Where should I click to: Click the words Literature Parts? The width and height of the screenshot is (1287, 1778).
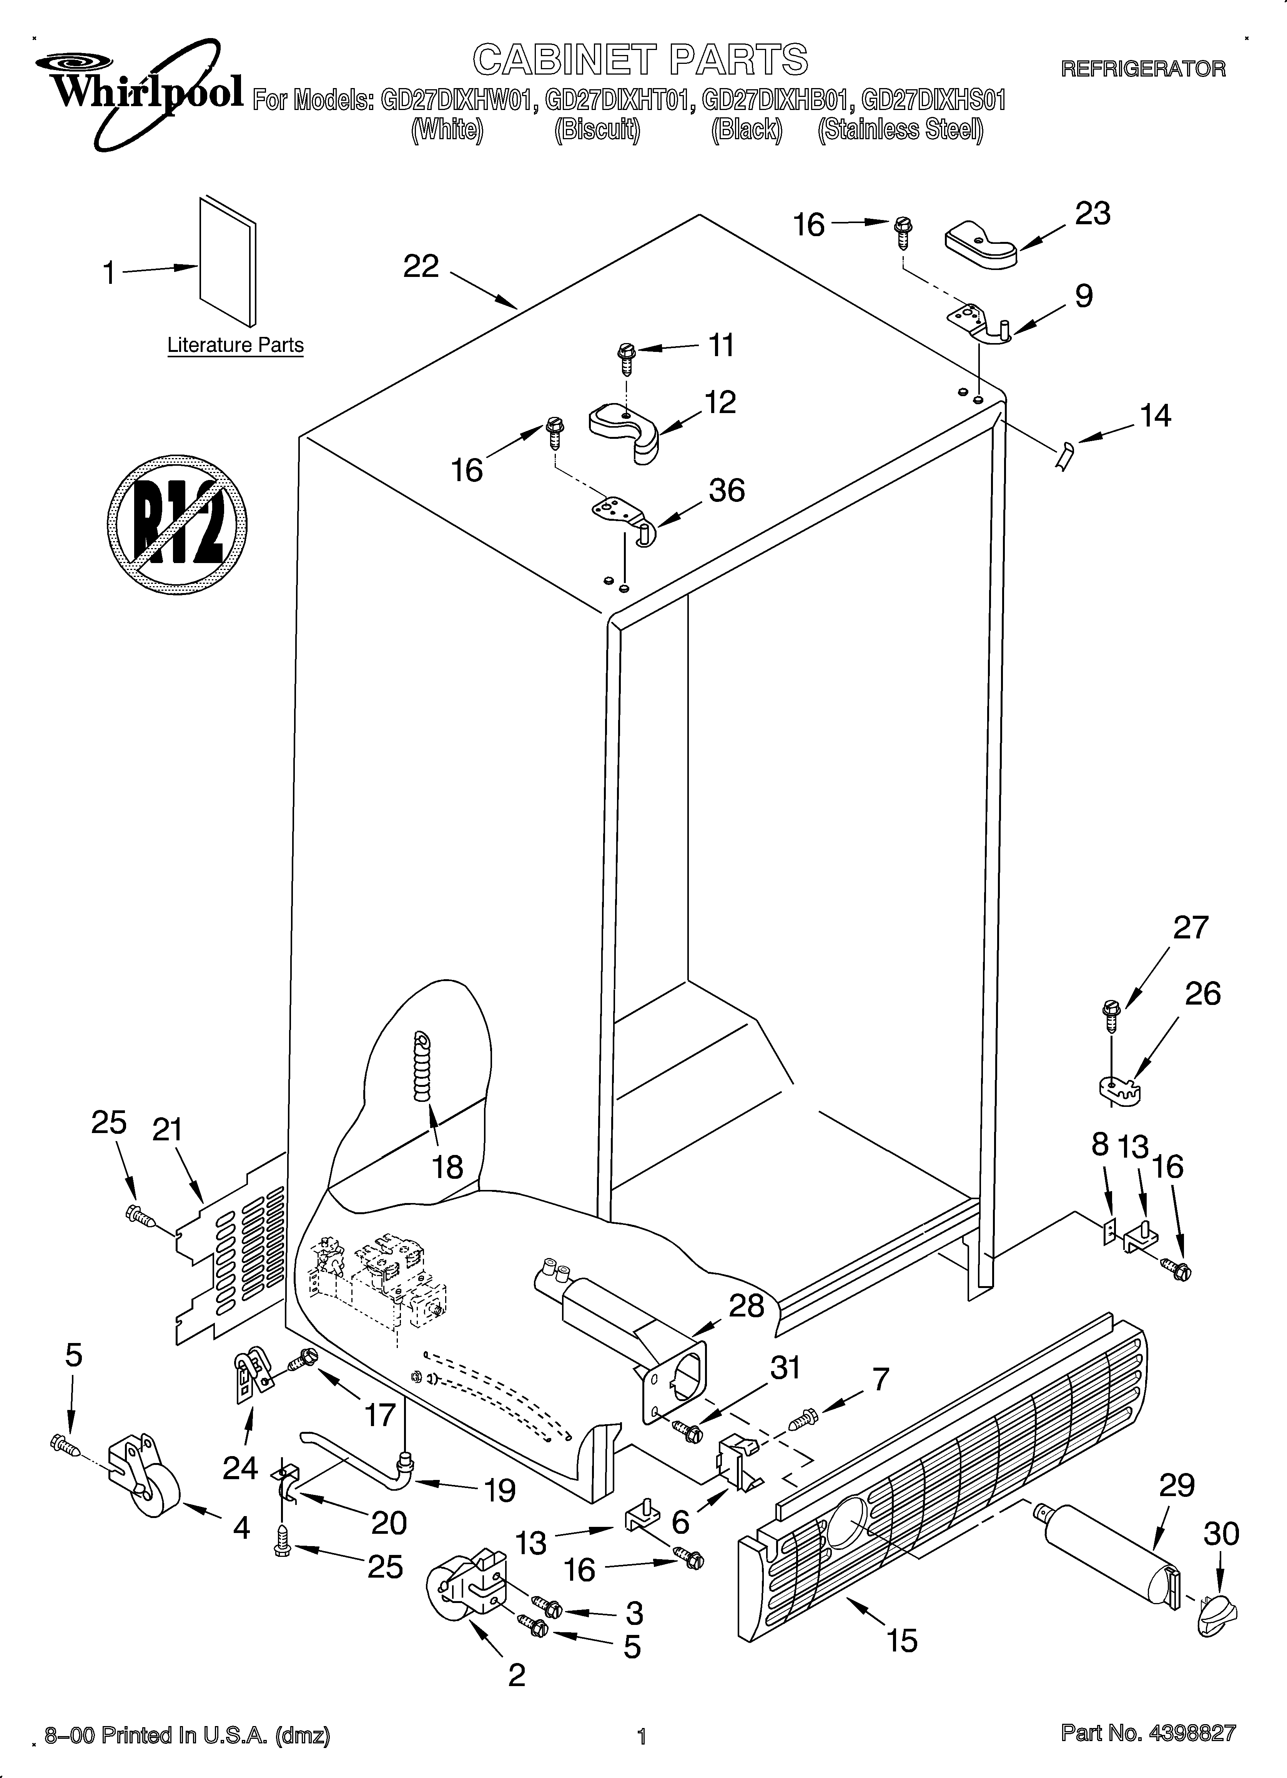[235, 345]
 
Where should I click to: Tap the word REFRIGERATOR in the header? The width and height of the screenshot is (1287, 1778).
[1143, 69]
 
